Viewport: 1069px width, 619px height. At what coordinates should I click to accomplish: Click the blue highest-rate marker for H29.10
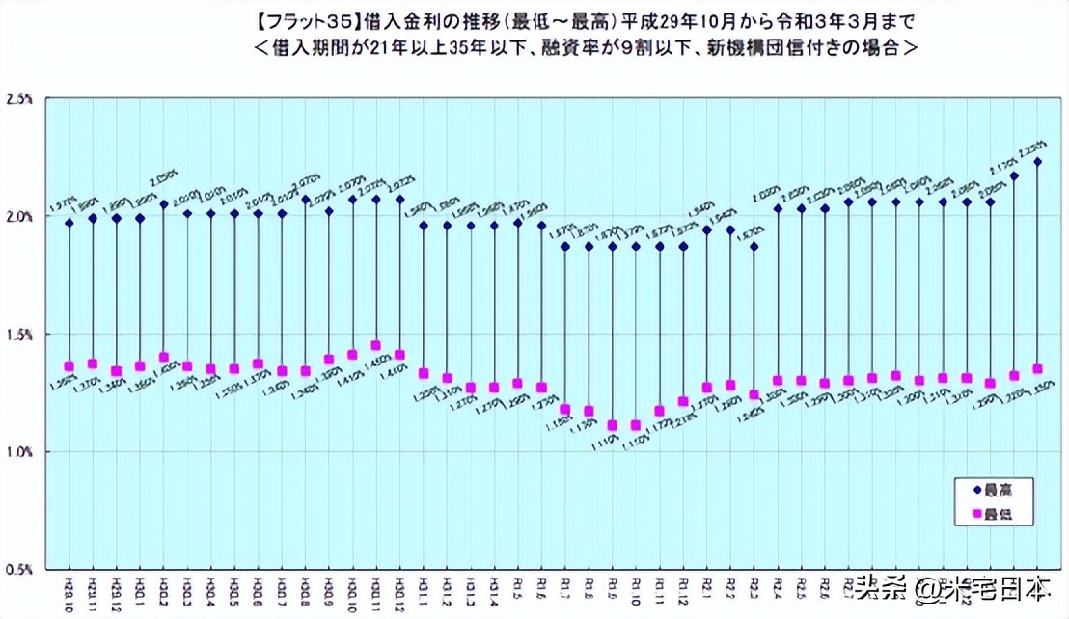(x=69, y=223)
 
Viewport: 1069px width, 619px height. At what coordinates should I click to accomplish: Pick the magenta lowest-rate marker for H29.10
(x=69, y=366)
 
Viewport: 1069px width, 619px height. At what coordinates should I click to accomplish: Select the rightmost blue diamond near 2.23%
(x=1037, y=162)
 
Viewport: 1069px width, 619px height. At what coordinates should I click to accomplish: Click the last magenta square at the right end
(x=1037, y=369)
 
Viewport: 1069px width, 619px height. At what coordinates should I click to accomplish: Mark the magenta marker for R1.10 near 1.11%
(x=636, y=425)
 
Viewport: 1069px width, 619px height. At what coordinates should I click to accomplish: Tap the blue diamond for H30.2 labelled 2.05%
(x=163, y=204)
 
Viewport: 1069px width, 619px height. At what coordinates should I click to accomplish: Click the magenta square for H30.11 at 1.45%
(x=375, y=345)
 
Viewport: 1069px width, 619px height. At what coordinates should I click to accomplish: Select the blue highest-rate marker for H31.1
(x=423, y=226)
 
